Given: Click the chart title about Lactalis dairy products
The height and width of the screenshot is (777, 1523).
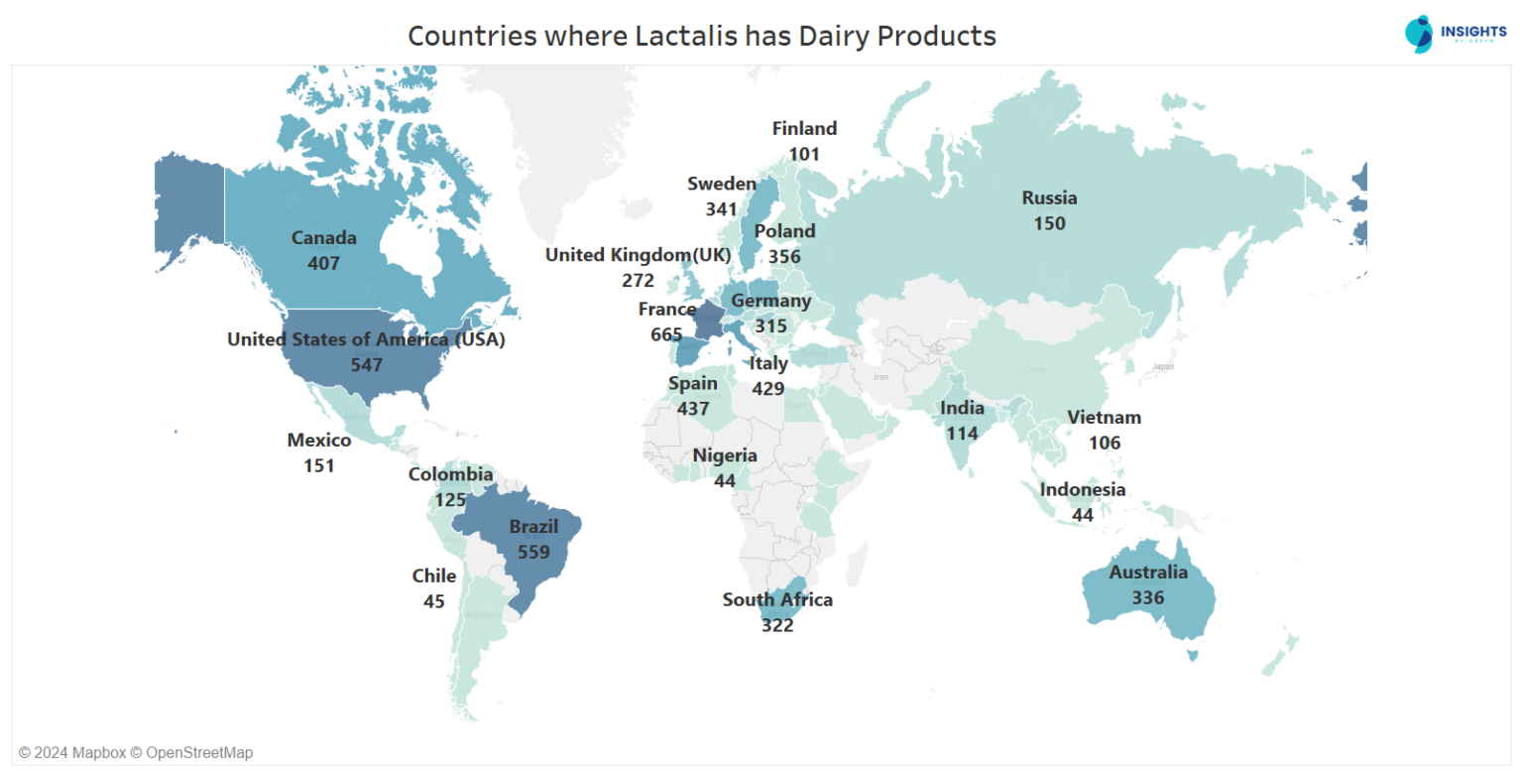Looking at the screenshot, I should click(x=701, y=37).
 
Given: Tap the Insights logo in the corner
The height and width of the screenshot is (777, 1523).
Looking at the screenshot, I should click(x=1455, y=33).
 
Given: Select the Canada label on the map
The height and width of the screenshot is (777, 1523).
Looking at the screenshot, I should click(x=323, y=238).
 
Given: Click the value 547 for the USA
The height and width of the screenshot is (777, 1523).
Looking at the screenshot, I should click(x=366, y=365).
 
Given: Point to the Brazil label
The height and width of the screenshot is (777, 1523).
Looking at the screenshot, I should click(x=533, y=527).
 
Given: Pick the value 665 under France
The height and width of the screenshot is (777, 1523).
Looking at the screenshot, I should click(x=666, y=335).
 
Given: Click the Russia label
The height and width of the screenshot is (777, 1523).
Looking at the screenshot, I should click(x=1049, y=198).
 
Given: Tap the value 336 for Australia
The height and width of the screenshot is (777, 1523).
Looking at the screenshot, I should click(x=1147, y=597).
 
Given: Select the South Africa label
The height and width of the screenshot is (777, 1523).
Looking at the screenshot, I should click(x=777, y=600).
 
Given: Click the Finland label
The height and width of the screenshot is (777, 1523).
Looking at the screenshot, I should click(x=804, y=129).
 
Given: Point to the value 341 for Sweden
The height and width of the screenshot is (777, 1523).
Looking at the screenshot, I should click(x=722, y=209).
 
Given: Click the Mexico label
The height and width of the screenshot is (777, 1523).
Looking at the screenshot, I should click(x=319, y=441).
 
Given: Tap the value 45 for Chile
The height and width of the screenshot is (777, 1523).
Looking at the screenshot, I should click(x=433, y=601).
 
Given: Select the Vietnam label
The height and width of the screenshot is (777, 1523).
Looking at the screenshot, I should click(x=1104, y=418).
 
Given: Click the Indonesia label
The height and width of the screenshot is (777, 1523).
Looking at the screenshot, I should click(x=1082, y=490).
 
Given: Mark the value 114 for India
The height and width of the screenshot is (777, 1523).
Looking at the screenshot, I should click(x=962, y=434).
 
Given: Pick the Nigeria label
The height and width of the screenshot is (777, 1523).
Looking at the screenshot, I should click(x=725, y=456).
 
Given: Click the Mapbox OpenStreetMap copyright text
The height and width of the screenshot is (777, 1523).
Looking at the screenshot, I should click(x=136, y=753).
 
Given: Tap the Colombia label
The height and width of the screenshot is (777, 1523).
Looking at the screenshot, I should click(x=450, y=475).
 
